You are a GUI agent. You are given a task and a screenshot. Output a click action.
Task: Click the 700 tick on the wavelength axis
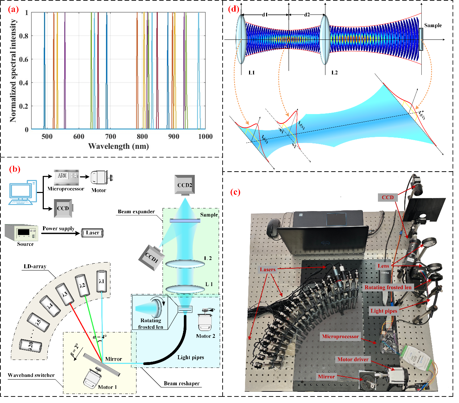tap(110, 137)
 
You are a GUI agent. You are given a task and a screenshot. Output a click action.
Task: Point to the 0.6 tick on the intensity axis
tap(24, 59)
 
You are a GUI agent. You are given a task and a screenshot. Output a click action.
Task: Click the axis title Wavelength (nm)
tap(118, 146)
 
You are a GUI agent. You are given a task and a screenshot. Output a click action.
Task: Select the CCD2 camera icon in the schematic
tap(185, 185)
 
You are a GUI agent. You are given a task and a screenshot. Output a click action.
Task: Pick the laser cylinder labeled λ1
tap(102, 281)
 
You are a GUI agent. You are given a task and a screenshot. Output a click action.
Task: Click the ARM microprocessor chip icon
tap(66, 177)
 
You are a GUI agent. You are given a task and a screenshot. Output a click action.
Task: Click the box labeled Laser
tap(92, 233)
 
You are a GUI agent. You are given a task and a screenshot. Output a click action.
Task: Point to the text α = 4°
tap(100, 337)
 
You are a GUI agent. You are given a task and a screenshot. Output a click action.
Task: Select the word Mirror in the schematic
tap(113, 359)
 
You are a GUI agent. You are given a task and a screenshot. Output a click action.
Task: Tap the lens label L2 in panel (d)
tap(334, 72)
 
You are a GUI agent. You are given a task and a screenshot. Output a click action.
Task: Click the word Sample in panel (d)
tap(433, 25)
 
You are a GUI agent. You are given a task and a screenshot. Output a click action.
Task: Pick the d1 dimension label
tap(265, 15)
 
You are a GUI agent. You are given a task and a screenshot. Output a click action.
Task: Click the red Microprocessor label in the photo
tap(340, 336)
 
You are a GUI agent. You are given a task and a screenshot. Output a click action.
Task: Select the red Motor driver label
tap(353, 359)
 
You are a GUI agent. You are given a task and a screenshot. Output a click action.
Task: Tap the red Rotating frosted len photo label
tap(388, 287)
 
